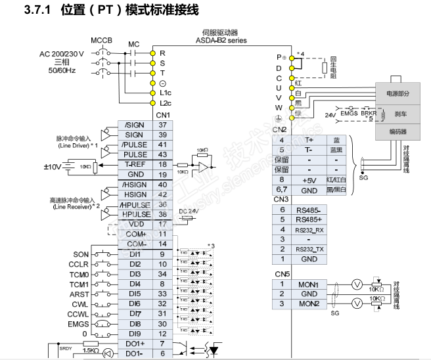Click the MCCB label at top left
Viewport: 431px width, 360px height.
coord(102,40)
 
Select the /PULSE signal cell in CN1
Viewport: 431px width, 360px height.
coord(135,145)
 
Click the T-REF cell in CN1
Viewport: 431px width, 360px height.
coord(135,164)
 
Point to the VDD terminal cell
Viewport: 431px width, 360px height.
coord(135,224)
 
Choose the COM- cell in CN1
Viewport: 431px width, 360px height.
coord(135,244)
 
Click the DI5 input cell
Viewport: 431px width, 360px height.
coord(135,294)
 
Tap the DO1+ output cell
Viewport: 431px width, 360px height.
coord(135,344)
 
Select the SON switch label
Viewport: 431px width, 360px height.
coord(81,254)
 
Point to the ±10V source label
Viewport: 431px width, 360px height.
coord(53,167)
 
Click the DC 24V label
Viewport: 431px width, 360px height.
coord(189,211)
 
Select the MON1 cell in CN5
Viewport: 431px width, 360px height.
coord(308,284)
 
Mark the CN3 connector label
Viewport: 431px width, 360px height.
coord(281,199)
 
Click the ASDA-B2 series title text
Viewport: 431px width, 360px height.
coord(220,40)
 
